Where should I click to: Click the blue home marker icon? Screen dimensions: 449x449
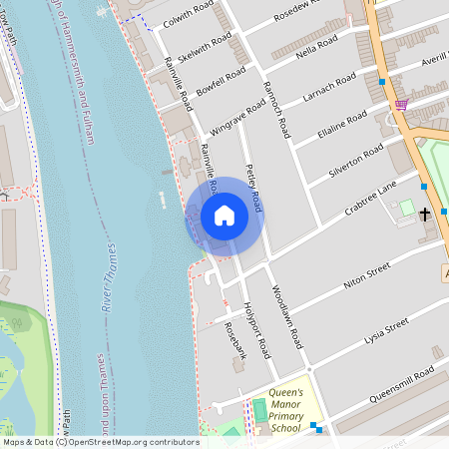[224, 216]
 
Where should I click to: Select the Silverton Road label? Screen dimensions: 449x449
[356, 160]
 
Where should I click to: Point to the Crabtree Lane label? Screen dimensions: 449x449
[370, 197]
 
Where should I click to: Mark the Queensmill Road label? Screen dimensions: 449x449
[399, 379]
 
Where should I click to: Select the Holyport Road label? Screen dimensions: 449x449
[256, 331]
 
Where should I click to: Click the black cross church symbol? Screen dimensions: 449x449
[425, 214]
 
